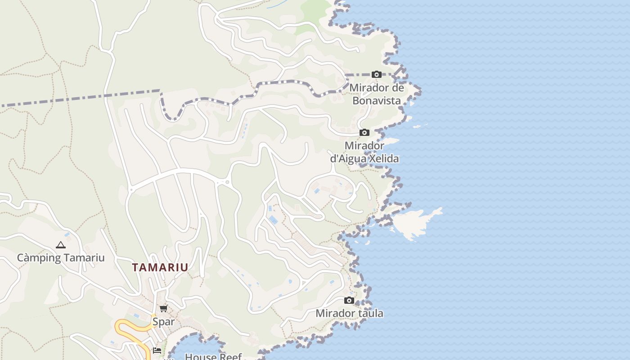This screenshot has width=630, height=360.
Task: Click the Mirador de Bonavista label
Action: pyautogui.click(x=376, y=94)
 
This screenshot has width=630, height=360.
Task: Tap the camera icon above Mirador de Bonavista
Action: pyautogui.click(x=377, y=75)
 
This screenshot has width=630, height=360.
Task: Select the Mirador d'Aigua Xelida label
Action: pyautogui.click(x=364, y=152)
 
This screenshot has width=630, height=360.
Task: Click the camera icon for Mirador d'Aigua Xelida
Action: pyautogui.click(x=364, y=133)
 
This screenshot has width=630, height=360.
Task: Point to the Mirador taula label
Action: pyautogui.click(x=349, y=313)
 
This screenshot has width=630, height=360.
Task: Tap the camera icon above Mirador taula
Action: pyautogui.click(x=349, y=301)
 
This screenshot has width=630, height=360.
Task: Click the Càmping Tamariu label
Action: pyautogui.click(x=61, y=258)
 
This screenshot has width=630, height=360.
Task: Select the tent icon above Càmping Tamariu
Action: pyautogui.click(x=61, y=245)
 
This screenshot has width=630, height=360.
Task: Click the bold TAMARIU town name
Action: pyautogui.click(x=160, y=267)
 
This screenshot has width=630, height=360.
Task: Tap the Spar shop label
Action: pyautogui.click(x=163, y=322)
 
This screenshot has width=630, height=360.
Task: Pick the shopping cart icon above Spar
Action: pyautogui.click(x=164, y=309)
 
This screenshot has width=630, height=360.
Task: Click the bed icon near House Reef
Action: pyautogui.click(x=157, y=351)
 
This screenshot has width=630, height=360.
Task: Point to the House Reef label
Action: pyautogui.click(x=213, y=356)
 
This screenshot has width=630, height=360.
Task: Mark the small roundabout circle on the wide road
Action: pyautogui.click(x=227, y=182)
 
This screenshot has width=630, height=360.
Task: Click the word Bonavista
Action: pyautogui.click(x=376, y=100)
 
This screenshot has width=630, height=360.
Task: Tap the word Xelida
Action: pyautogui.click(x=383, y=159)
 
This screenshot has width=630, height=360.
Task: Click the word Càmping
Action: pyautogui.click(x=39, y=258)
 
